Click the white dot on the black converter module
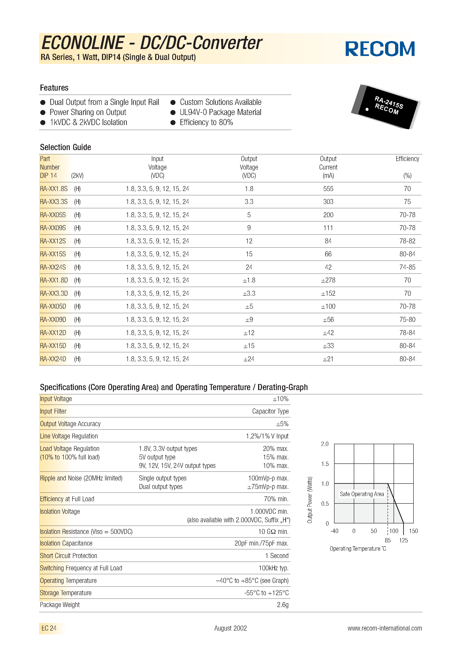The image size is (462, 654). pyautogui.click(x=367, y=109)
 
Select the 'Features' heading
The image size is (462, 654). pyautogui.click(x=54, y=88)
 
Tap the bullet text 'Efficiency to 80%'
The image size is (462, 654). pyautogui.click(x=206, y=123)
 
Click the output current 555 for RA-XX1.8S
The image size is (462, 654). pyautogui.click(x=328, y=189)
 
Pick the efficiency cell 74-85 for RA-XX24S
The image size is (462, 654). pyautogui.click(x=407, y=267)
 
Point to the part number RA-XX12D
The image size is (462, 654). pyautogui.click(x=53, y=333)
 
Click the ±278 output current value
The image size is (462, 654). pyautogui.click(x=328, y=280)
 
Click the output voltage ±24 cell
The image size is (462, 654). pyautogui.click(x=249, y=359)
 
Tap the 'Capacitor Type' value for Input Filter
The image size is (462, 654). pyautogui.click(x=270, y=411)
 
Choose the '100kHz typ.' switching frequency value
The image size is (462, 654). pyautogui.click(x=273, y=568)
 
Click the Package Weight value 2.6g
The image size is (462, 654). pyautogui.click(x=283, y=605)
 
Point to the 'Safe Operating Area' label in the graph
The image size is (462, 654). pyautogui.click(x=362, y=494)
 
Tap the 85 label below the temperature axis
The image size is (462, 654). pyautogui.click(x=388, y=540)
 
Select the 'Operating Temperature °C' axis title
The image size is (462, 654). pyautogui.click(x=358, y=549)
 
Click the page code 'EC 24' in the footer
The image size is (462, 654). pyautogui.click(x=49, y=628)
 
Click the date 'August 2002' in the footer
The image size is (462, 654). pyautogui.click(x=230, y=628)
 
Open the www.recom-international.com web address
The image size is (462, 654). pyautogui.click(x=385, y=628)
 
